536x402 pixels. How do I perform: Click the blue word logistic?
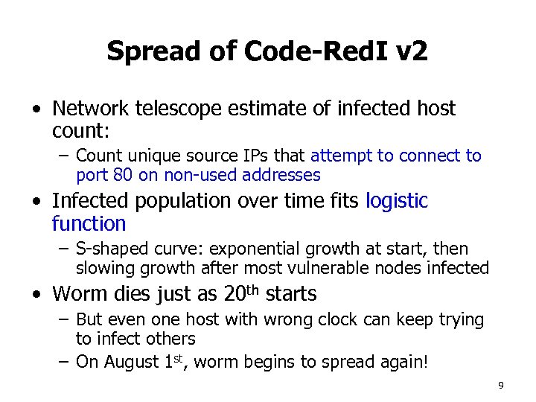397,201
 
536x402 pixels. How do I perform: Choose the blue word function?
89,223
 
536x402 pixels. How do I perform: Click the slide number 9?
501,385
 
